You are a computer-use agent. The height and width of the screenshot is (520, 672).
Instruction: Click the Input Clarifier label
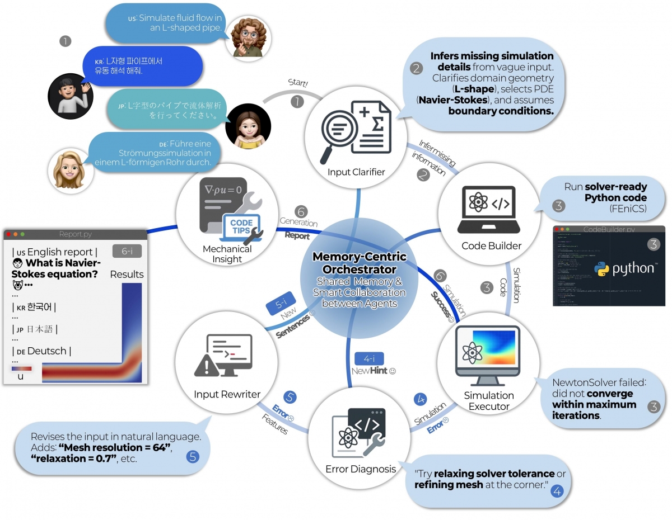pos(356,172)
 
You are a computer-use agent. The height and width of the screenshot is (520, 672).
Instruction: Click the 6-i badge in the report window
pos(127,252)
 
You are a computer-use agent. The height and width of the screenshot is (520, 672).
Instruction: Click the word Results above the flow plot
pos(127,275)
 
